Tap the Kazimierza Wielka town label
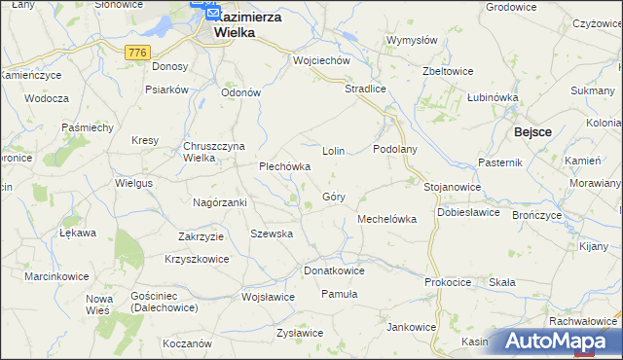click(233, 24)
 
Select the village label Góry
click(332, 197)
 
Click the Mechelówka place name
click(387, 219)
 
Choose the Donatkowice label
click(334, 270)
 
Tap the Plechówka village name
click(284, 166)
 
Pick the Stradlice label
click(366, 89)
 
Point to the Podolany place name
click(395, 149)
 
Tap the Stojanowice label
click(452, 186)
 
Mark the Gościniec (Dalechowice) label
click(163, 301)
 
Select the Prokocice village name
click(448, 282)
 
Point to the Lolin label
click(334, 152)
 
